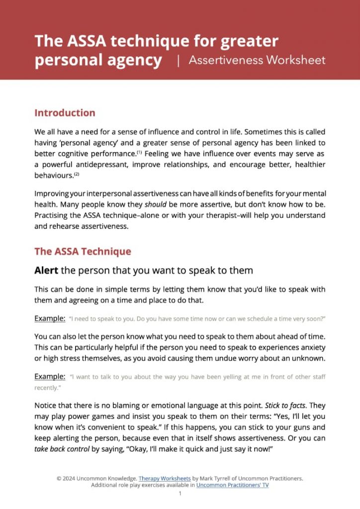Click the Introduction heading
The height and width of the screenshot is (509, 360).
tap(65, 113)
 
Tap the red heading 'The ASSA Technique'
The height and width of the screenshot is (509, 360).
tap(83, 251)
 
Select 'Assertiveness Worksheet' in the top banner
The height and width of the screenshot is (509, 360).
tap(257, 61)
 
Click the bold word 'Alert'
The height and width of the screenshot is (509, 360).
tap(49, 270)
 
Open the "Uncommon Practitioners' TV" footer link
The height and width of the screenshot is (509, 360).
tap(232, 485)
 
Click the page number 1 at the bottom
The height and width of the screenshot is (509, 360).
tap(180, 494)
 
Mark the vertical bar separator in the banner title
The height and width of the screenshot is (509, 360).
tap(178, 61)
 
